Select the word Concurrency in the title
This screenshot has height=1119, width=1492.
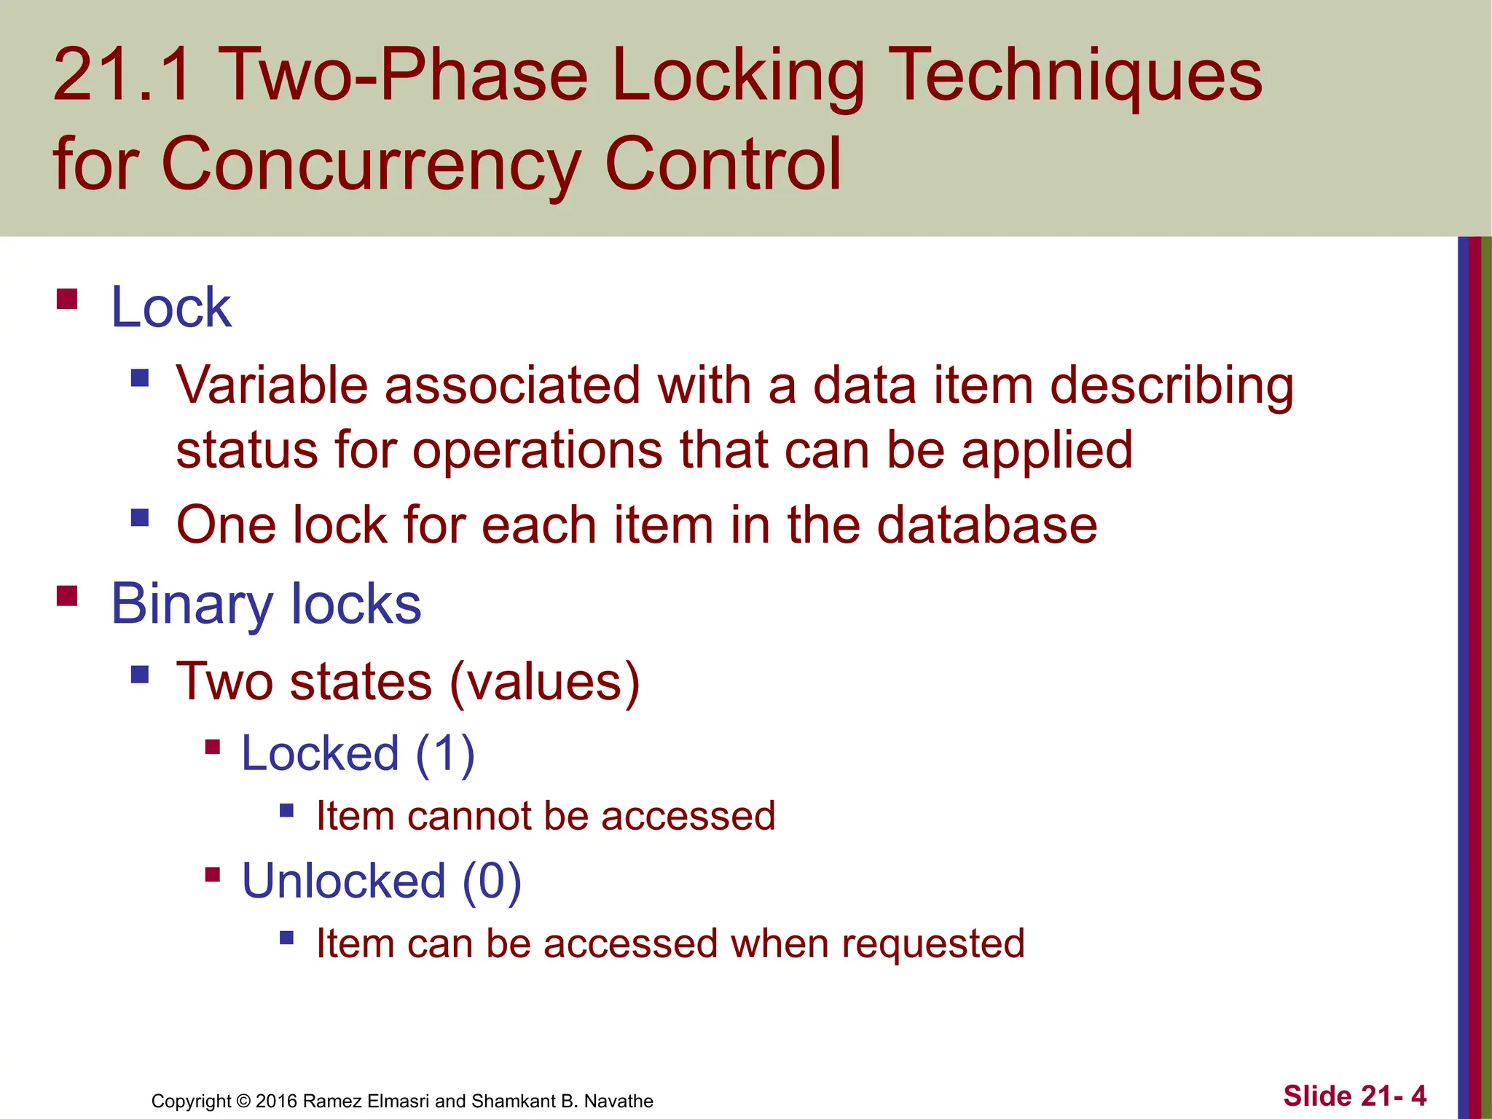(x=369, y=165)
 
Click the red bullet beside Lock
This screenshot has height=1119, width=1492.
(x=67, y=299)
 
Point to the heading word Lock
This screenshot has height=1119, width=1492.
(x=171, y=307)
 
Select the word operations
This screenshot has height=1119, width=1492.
(x=538, y=451)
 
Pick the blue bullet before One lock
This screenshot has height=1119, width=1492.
(x=140, y=518)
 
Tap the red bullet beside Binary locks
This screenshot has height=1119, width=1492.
(x=67, y=596)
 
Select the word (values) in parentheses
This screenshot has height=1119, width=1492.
(x=545, y=683)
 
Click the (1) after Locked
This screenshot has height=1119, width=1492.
(x=445, y=753)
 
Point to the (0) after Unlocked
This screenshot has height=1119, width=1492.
(x=492, y=881)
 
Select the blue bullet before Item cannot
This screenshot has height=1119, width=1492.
(x=286, y=810)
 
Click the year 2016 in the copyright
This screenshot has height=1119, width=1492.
(x=276, y=1101)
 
